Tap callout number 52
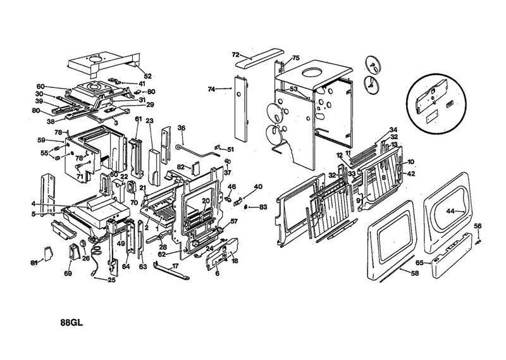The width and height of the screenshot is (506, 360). [148, 76]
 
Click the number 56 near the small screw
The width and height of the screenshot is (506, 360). [478, 226]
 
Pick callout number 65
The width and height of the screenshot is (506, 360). [419, 261]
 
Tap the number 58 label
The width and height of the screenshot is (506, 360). [415, 273]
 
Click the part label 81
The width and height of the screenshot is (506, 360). [34, 263]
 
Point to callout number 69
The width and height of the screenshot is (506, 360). [68, 273]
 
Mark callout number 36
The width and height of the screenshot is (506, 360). [181, 128]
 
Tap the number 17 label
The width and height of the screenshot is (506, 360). [175, 266]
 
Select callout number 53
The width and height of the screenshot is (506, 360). [293, 90]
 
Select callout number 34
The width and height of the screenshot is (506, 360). [393, 130]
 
